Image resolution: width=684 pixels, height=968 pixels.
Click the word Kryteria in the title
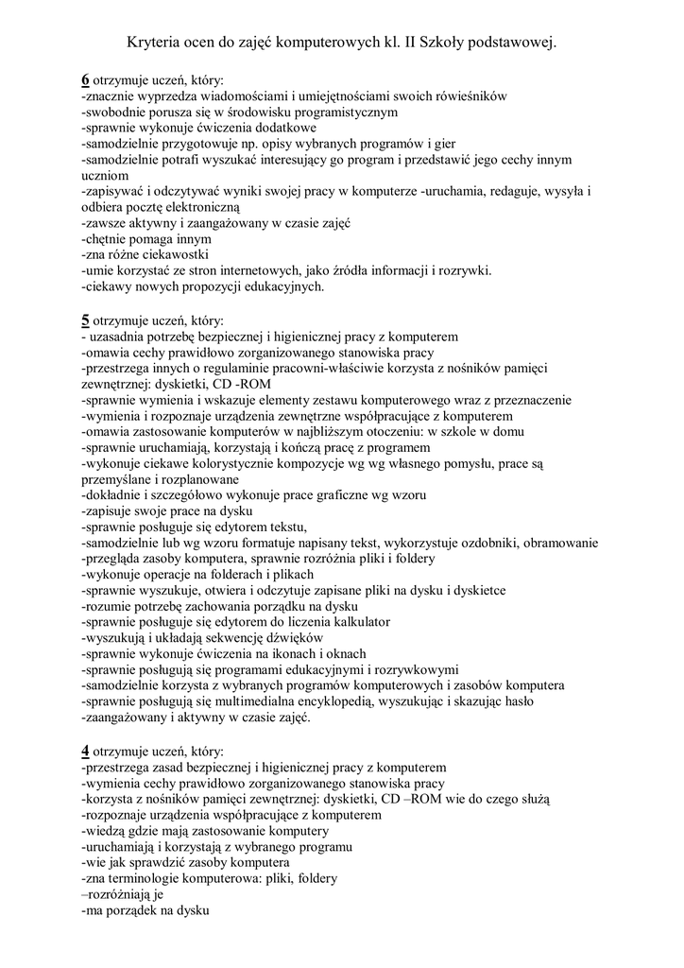155,43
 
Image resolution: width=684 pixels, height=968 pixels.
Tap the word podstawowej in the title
510,43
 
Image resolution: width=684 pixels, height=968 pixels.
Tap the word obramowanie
554,543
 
